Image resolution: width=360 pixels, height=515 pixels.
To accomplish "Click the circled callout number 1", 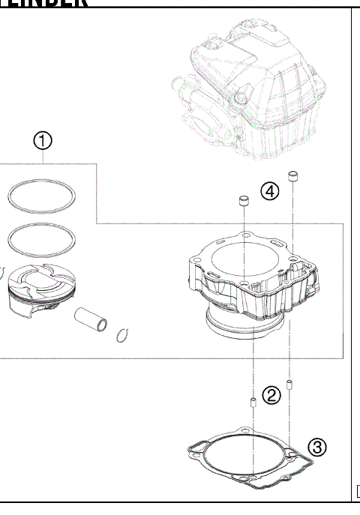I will (x=43, y=140).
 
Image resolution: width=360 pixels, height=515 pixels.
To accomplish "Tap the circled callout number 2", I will (x=272, y=395).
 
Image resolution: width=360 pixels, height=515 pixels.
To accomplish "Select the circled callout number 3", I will (x=318, y=448).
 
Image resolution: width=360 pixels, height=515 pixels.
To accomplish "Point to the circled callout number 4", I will (x=270, y=191).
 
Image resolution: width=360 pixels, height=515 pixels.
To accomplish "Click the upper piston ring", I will (x=42, y=196).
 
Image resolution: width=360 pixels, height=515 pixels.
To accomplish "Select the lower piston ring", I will (x=42, y=240).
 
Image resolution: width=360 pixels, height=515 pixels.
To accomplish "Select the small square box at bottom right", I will (x=357, y=493).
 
